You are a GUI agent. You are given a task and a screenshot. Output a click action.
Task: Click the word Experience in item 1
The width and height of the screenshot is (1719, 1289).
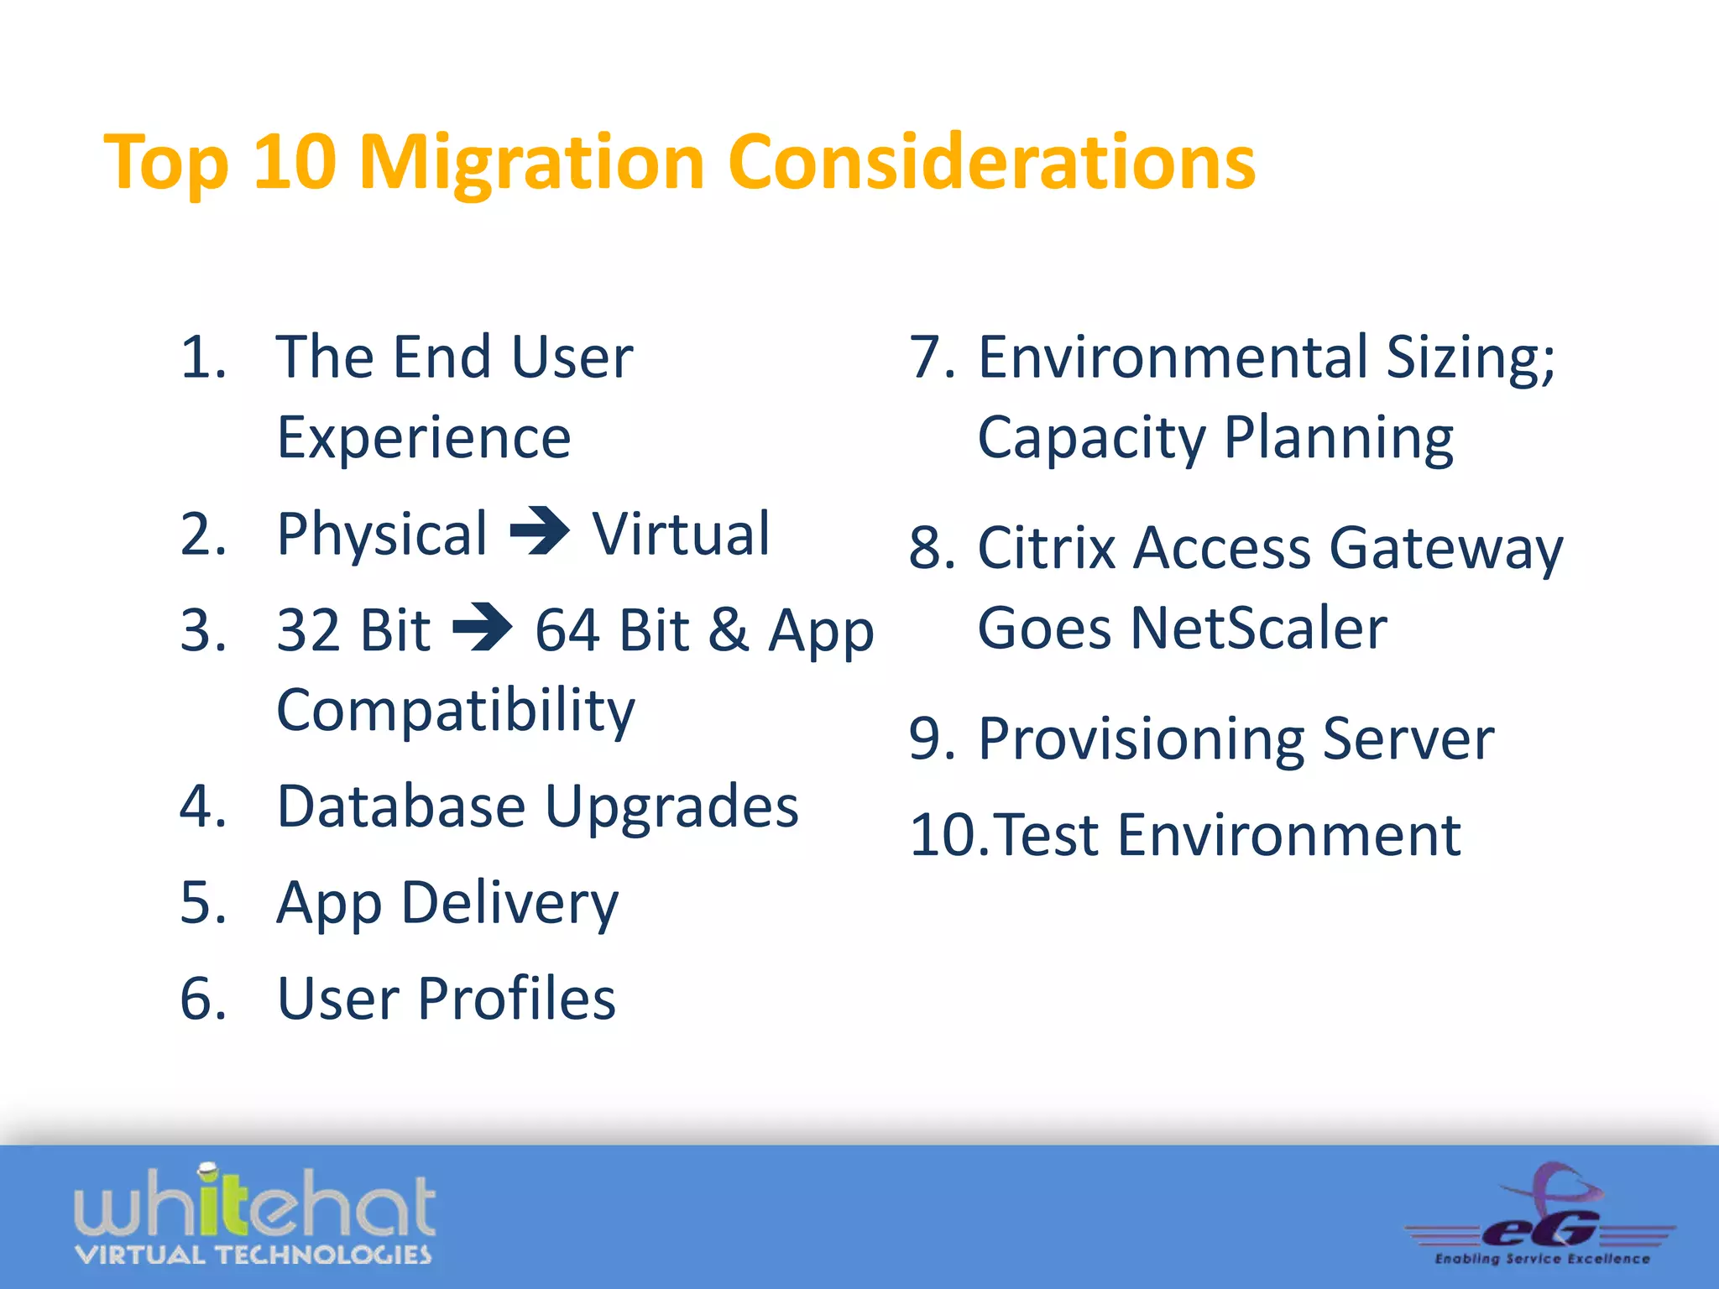tap(424, 438)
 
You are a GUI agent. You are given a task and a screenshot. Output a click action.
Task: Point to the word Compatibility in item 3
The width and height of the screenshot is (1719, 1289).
tap(456, 711)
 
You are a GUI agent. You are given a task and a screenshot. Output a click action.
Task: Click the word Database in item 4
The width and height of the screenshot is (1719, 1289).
tap(401, 806)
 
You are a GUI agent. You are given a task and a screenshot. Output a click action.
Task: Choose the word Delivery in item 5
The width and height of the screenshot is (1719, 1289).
tap(509, 904)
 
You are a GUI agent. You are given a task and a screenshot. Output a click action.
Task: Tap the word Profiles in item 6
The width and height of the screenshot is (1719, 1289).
tap(516, 999)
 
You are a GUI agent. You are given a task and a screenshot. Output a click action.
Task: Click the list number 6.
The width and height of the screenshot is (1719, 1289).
tap(202, 999)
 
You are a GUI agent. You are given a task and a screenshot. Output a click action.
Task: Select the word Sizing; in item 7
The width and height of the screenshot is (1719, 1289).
tap(1470, 357)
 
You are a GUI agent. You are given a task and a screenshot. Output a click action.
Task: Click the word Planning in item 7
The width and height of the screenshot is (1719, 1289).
tap(1338, 438)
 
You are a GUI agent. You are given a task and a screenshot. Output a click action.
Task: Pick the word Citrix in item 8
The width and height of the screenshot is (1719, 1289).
tap(1047, 549)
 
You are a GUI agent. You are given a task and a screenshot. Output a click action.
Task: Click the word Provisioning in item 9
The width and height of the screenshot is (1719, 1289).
tap(1141, 740)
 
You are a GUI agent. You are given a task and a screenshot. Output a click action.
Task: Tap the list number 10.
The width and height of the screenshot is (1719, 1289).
tap(948, 836)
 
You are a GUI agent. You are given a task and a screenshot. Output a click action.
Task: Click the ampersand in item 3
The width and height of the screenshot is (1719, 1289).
tap(728, 629)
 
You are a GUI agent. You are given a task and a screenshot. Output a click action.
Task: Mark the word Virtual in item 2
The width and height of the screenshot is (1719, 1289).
tap(680, 534)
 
